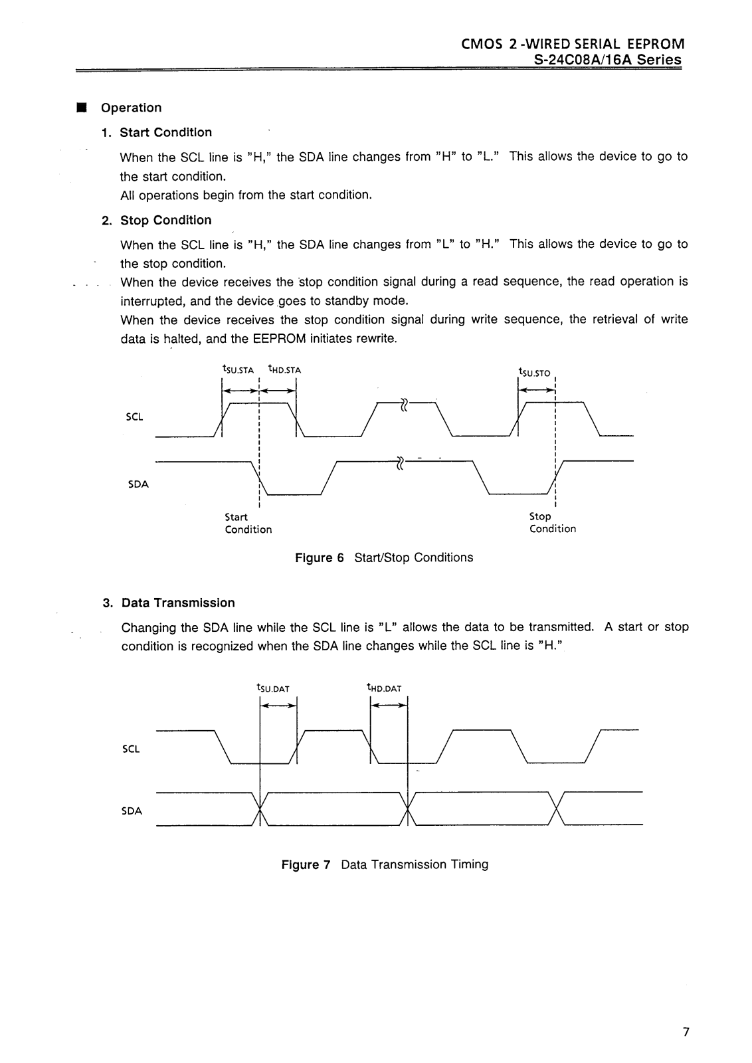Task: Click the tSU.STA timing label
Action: tap(238, 370)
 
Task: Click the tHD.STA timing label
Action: tap(284, 370)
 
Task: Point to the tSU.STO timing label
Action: tap(534, 373)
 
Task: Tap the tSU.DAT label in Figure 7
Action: tap(273, 688)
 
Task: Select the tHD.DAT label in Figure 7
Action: tap(384, 688)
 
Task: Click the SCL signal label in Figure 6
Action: tap(134, 417)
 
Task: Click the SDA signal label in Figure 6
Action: tap(138, 484)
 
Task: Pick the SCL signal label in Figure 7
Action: tap(132, 749)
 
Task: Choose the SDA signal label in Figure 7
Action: tap(132, 811)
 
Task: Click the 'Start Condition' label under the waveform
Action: tap(248, 523)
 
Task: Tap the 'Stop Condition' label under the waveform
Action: tap(552, 522)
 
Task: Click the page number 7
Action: tap(686, 1032)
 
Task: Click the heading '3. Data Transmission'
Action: tap(169, 603)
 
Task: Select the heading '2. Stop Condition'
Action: tap(157, 220)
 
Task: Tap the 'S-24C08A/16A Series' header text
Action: tap(608, 60)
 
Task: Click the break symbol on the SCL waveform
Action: tap(403, 403)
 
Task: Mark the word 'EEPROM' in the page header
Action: tap(654, 44)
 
